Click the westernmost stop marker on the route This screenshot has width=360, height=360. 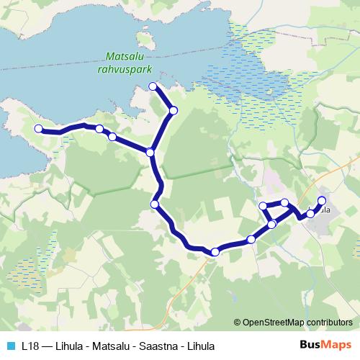[x=38, y=128]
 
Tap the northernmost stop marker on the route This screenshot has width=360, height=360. [x=153, y=86]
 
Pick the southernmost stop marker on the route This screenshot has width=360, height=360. [x=215, y=251]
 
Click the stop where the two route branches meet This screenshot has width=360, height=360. [x=150, y=152]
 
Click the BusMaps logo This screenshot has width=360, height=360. [x=325, y=346]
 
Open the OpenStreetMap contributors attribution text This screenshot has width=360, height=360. [x=297, y=323]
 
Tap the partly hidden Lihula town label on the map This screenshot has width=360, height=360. [x=323, y=210]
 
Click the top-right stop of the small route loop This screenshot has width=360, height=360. [x=284, y=203]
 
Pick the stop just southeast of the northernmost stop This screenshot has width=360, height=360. [x=173, y=110]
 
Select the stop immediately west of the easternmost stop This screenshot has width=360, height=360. [x=310, y=213]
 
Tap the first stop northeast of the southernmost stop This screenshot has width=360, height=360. [x=251, y=239]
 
